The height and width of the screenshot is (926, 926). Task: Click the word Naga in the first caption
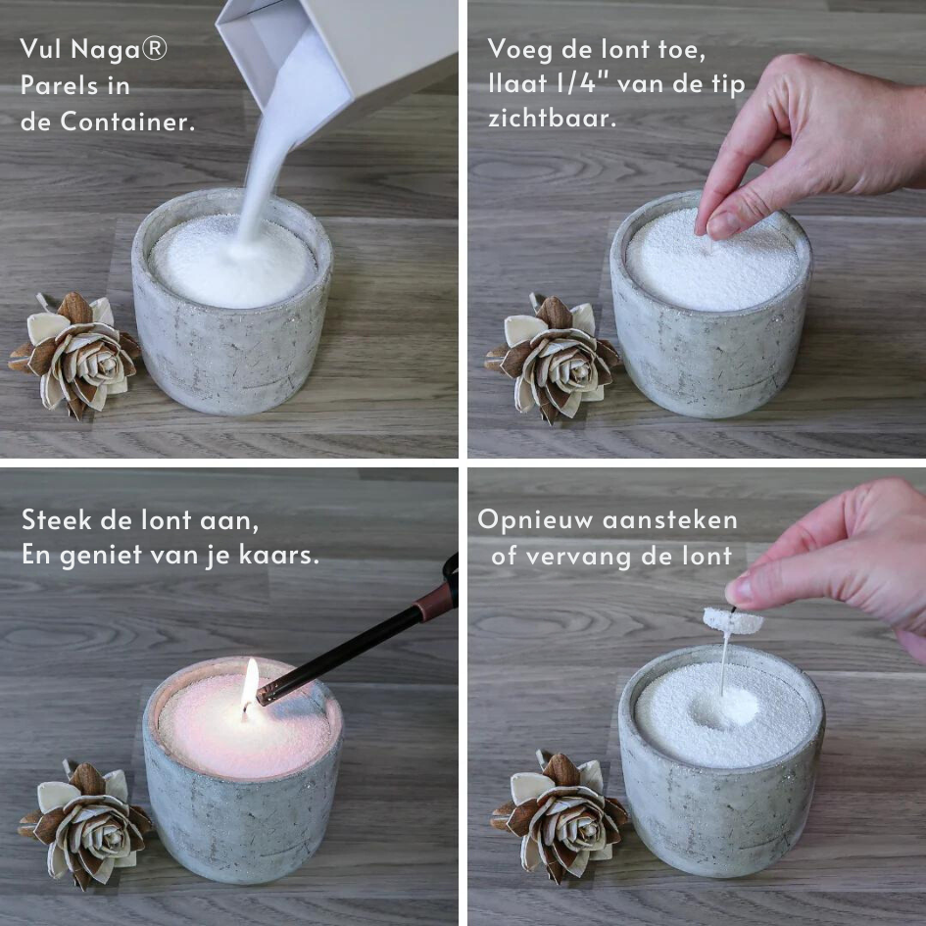coord(105,50)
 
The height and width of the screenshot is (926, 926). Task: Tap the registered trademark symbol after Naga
coord(155,48)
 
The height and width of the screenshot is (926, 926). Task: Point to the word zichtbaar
coord(553,118)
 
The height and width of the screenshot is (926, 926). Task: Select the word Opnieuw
coord(534,521)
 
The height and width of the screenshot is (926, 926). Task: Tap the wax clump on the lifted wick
coord(732,620)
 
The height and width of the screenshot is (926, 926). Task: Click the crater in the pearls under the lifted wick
coord(723,707)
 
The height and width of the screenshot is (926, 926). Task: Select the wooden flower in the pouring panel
coord(75,355)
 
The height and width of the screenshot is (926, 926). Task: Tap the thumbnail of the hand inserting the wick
coord(719,225)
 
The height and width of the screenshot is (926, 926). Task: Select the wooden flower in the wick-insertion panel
coord(554,358)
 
